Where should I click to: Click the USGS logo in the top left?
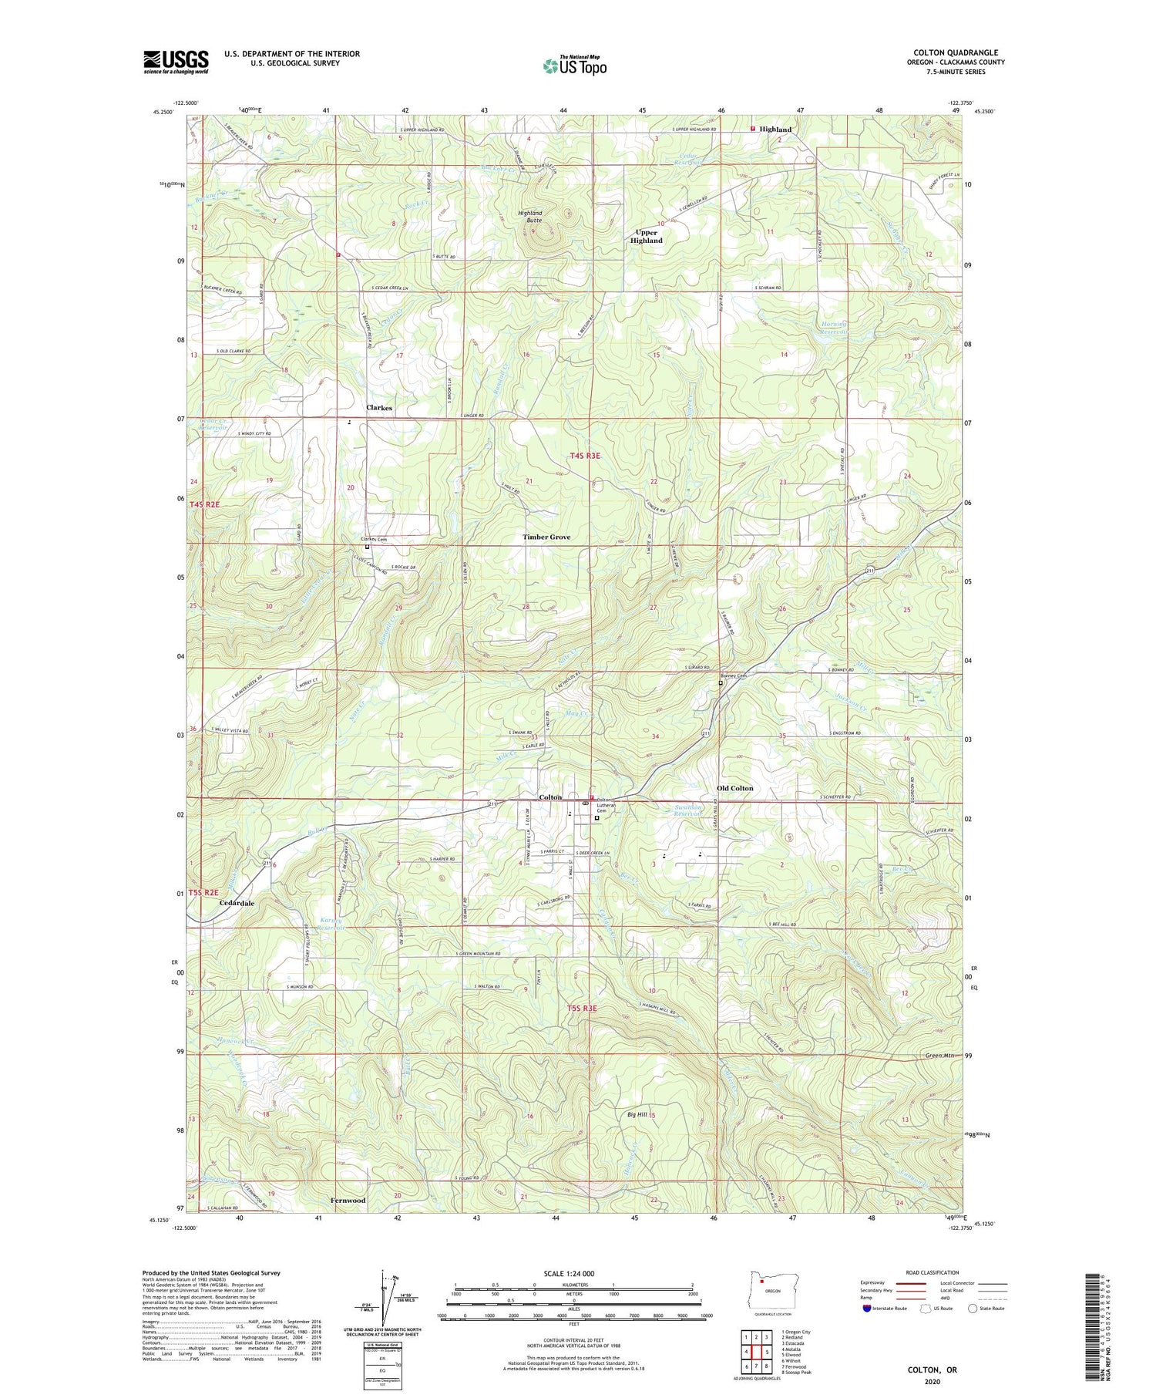(x=176, y=62)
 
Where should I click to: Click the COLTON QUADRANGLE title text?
(x=956, y=52)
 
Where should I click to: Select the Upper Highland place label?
(x=646, y=236)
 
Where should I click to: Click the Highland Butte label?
(x=530, y=217)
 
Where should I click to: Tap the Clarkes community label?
(x=378, y=408)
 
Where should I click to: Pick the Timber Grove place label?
(x=546, y=537)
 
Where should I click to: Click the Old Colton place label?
(x=734, y=788)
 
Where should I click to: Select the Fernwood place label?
(x=348, y=1201)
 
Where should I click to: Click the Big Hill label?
(x=637, y=1115)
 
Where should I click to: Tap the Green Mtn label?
(x=939, y=1055)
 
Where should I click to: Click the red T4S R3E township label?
(x=585, y=456)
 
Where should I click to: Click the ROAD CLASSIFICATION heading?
(x=933, y=1273)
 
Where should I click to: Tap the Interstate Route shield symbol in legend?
(x=866, y=1309)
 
